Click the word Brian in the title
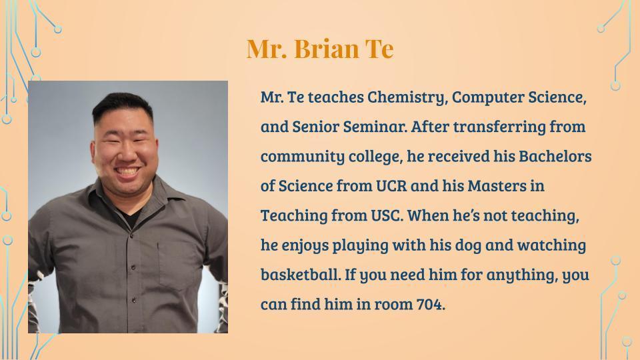click(x=326, y=49)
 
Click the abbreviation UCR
click(x=391, y=186)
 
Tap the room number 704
click(x=430, y=304)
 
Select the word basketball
click(x=301, y=274)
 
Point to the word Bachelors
click(x=555, y=156)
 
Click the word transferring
click(x=499, y=127)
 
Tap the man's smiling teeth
click(x=127, y=171)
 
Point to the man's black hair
click(x=122, y=104)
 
